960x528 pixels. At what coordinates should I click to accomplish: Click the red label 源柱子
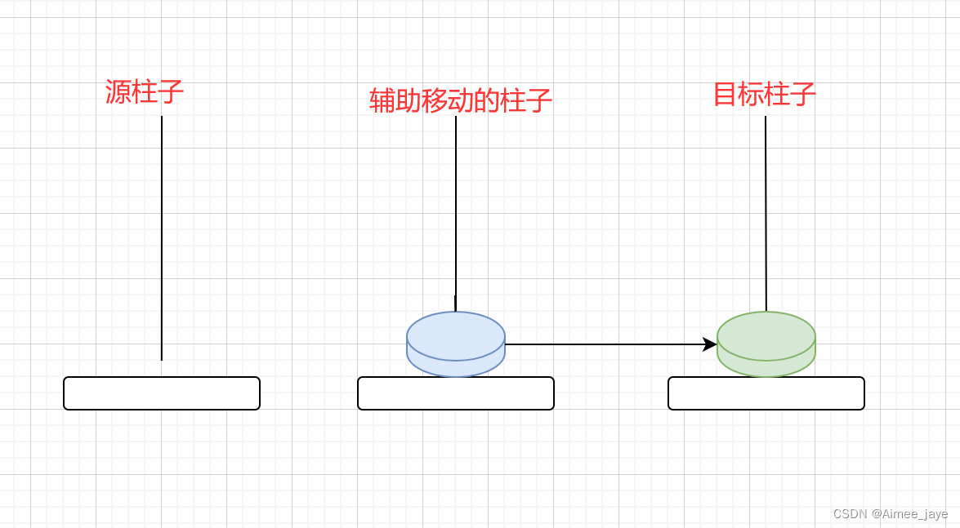click(145, 91)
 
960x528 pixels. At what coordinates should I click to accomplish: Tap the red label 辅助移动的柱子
click(461, 101)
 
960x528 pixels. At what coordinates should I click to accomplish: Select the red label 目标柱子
click(765, 95)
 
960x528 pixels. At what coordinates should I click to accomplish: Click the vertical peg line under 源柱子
click(162, 237)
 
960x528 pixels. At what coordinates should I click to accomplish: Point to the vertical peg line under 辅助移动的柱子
click(456, 212)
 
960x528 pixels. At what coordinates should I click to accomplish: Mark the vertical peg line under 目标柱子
click(766, 212)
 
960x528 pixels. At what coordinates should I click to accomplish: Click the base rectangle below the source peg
click(162, 393)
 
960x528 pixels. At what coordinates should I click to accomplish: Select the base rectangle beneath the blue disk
click(456, 393)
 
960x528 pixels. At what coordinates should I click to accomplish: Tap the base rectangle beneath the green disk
click(766, 393)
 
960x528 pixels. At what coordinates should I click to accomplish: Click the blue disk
click(456, 344)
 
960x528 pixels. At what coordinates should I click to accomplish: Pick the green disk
click(766, 344)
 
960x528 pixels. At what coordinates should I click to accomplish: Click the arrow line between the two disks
click(605, 344)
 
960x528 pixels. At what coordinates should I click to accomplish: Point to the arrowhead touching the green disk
click(710, 344)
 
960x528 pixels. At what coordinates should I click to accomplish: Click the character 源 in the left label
click(118, 91)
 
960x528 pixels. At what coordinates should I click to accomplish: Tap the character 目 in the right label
click(726, 95)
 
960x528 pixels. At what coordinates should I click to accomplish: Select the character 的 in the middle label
click(487, 101)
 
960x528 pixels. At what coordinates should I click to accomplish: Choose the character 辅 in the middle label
click(382, 101)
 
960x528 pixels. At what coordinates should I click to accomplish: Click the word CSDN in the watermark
click(850, 514)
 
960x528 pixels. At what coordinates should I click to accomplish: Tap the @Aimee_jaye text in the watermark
click(909, 514)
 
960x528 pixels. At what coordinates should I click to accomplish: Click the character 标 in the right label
click(752, 95)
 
